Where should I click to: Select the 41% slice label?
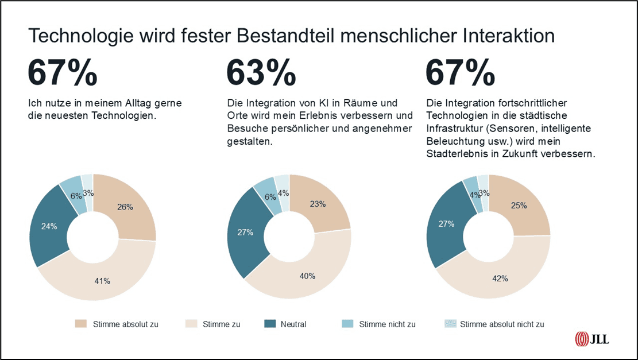(102, 281)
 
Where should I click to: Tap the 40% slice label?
(307, 276)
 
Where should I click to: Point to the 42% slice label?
(500, 278)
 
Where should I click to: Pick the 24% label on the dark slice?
(49, 226)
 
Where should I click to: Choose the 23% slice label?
(318, 204)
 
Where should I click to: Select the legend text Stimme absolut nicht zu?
(502, 324)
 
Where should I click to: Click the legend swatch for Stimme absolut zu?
(81, 324)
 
